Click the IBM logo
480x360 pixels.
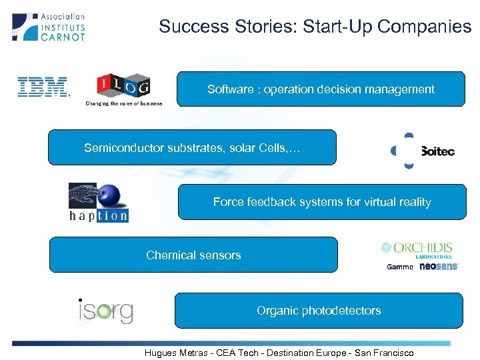coord(43,87)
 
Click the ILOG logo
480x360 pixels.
coord(124,85)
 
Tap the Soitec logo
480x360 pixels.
coord(423,151)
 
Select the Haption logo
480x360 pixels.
coord(99,203)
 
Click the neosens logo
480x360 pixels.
coord(438,267)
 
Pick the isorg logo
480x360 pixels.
coord(104,311)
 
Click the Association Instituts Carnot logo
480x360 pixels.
coord(49,27)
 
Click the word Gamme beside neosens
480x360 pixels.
coord(400,267)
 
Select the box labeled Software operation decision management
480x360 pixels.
coord(321,89)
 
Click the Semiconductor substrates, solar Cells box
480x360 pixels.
coord(192,147)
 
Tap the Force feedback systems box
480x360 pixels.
coord(322,202)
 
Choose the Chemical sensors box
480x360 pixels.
coord(193,255)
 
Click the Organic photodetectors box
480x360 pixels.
coord(319,311)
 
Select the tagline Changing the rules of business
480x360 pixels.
coord(124,103)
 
